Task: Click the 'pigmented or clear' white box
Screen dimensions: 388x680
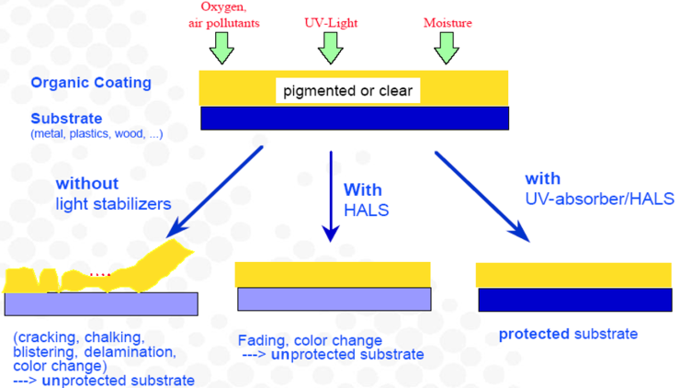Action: point(347,91)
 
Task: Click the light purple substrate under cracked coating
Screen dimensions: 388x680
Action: point(101,303)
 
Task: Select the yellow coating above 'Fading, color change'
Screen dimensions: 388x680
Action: point(333,274)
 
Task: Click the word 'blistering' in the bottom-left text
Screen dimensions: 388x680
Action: point(44,350)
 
